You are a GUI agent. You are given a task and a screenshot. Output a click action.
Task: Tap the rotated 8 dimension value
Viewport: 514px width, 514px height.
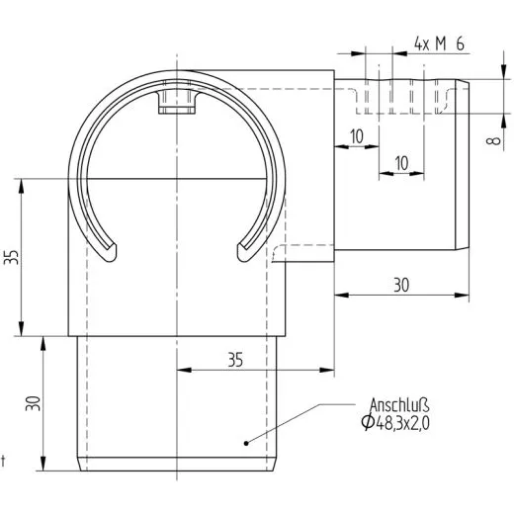[492, 142]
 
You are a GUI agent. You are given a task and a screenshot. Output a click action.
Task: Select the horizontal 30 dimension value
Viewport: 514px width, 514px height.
[400, 284]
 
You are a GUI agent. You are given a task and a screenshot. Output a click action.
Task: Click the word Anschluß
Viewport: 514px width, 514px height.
[399, 405]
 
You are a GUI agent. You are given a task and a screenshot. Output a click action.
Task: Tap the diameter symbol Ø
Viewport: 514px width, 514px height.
[368, 424]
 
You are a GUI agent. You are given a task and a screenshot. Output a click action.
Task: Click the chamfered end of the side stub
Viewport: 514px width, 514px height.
[463, 163]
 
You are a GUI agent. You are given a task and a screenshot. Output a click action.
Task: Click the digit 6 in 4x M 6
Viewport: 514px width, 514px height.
[462, 43]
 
